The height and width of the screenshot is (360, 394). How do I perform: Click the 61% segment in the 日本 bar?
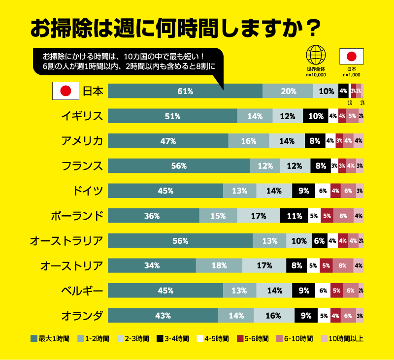coord(185,91)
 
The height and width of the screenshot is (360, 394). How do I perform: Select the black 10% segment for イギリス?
coord(316,116)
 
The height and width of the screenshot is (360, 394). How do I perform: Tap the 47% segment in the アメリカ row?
coord(168,141)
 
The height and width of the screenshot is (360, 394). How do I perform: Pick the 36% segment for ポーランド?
coord(153,216)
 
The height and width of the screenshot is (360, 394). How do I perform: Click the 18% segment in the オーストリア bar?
coord(219,265)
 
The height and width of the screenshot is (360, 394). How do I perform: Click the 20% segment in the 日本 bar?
coord(288,91)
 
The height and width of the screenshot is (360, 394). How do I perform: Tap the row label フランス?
coord(82,166)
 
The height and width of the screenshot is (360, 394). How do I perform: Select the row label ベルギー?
coord(82,291)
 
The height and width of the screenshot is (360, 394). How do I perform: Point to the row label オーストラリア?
coord(66,241)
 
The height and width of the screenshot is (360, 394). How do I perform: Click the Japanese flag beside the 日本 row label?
coord(66,91)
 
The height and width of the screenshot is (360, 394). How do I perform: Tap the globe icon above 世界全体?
coord(316,55)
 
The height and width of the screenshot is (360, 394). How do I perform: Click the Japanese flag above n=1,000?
coord(352,56)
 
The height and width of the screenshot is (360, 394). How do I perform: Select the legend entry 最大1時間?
coord(50,338)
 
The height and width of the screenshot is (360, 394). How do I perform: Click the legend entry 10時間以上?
coord(342,338)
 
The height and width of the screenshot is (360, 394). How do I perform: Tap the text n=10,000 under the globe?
coord(316,75)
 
